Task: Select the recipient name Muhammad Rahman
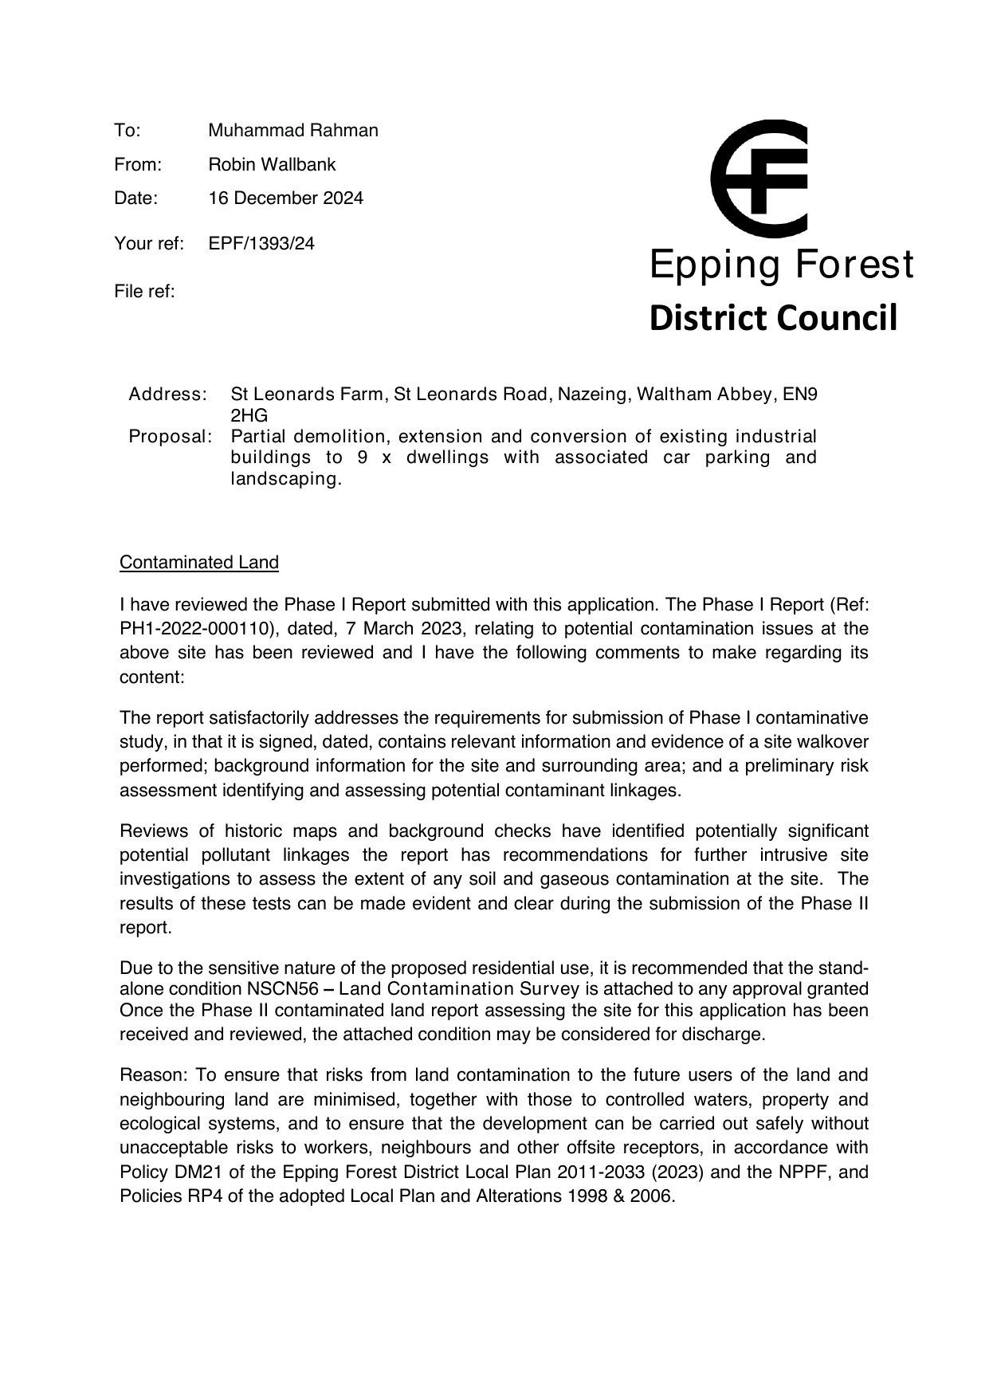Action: (x=292, y=130)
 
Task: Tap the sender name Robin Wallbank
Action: (x=272, y=164)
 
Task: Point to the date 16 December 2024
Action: (x=285, y=198)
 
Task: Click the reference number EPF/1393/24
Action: (x=261, y=243)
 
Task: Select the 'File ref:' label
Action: (x=144, y=291)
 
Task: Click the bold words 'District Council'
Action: (x=773, y=317)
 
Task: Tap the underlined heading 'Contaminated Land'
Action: (x=199, y=562)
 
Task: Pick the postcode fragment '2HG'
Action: (x=249, y=415)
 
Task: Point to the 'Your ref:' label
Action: (x=149, y=243)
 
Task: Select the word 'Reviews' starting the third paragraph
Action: (x=154, y=831)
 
